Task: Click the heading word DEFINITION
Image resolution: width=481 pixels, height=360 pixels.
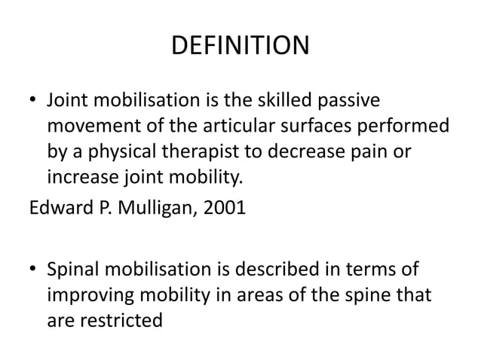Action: click(x=240, y=46)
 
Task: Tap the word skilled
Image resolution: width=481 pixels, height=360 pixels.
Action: click(x=288, y=100)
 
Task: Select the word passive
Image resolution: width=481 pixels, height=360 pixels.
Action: click(x=353, y=100)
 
